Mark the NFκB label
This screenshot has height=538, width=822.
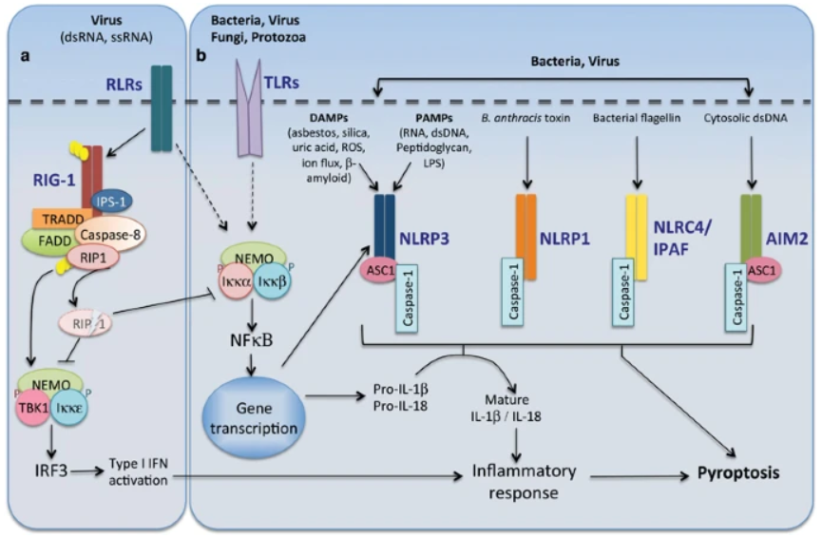(254, 338)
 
